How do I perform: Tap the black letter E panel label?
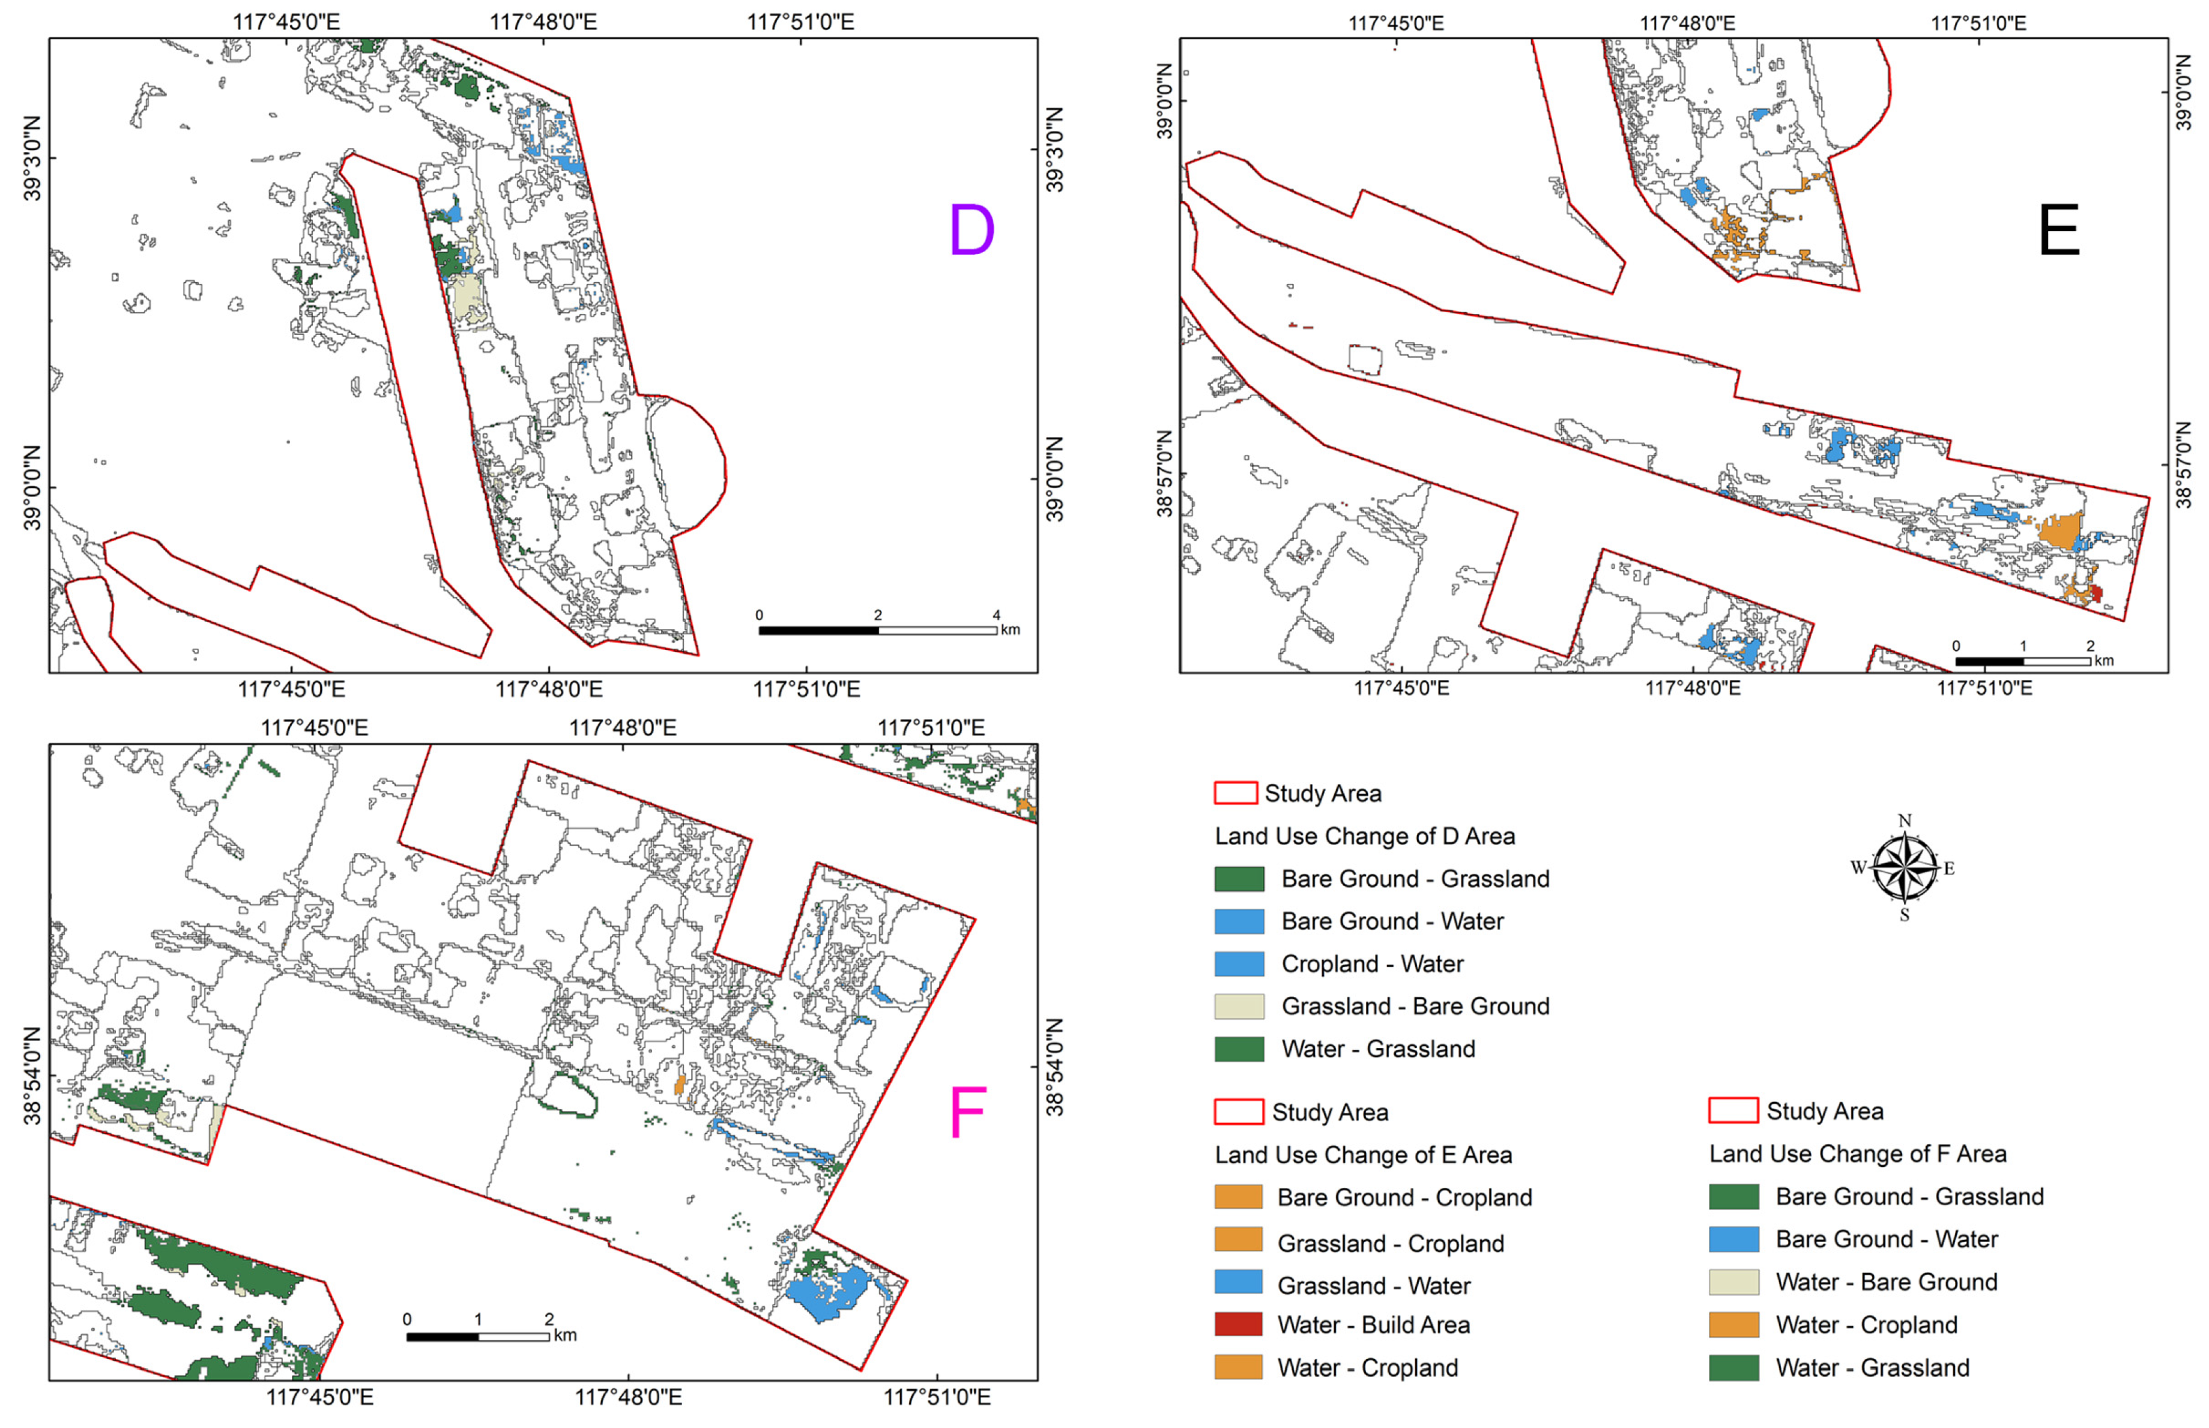click(2058, 231)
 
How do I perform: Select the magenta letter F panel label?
click(967, 1113)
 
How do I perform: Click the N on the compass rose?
click(1905, 821)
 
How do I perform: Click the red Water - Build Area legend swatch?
click(1238, 1324)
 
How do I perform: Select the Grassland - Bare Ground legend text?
click(1415, 1006)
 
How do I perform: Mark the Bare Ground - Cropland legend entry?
click(1373, 1197)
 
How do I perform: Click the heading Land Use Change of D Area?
click(1364, 836)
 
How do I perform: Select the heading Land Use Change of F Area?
click(1858, 1154)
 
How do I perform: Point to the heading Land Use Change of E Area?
click(1363, 1154)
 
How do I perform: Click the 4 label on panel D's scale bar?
click(996, 615)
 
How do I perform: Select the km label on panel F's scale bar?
click(566, 1336)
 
